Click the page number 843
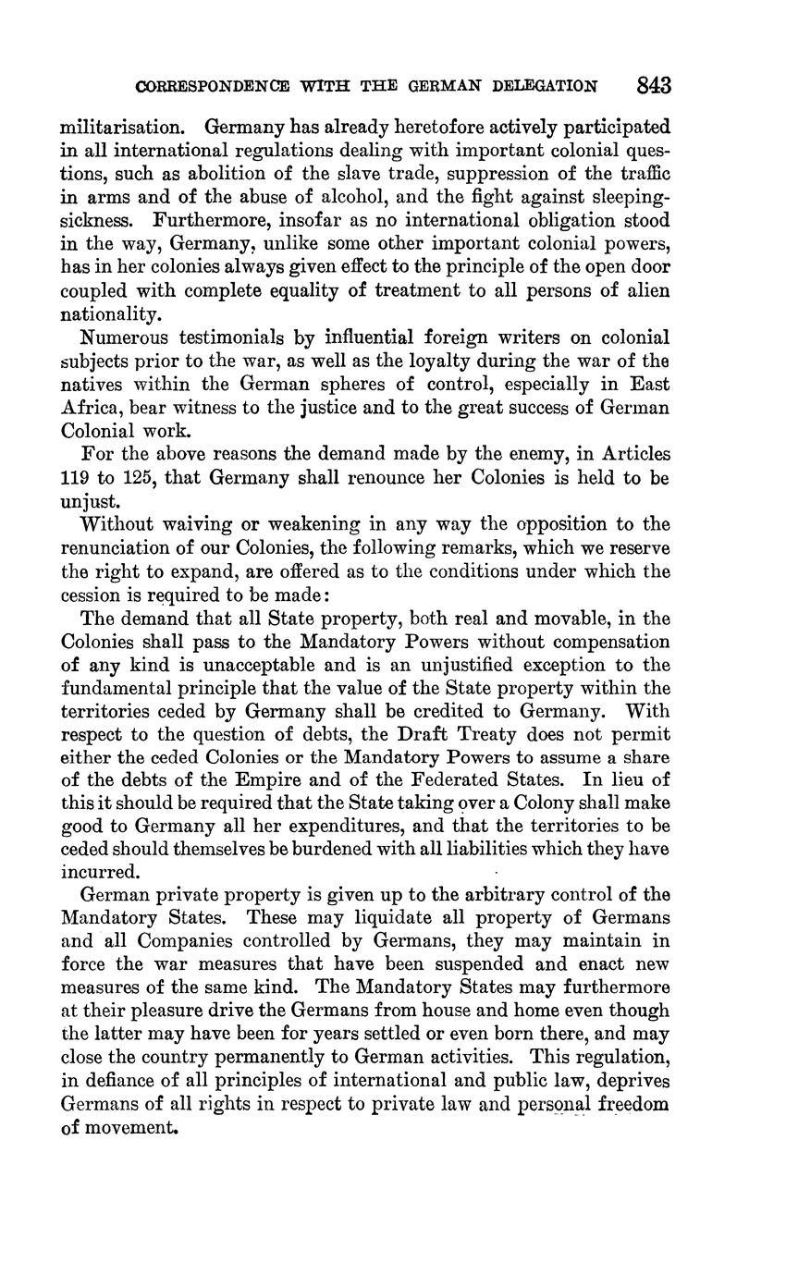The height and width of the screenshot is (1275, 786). [653, 86]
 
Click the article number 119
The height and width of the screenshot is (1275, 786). [74, 478]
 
